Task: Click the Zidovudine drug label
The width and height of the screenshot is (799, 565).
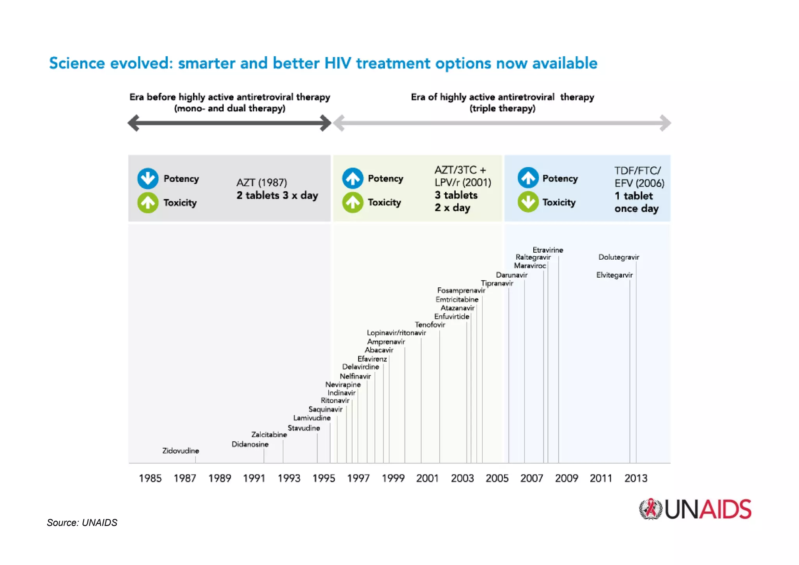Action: pyautogui.click(x=181, y=451)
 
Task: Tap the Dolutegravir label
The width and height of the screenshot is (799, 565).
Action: pyautogui.click(x=619, y=257)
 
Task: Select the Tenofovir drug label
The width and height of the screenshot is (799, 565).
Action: pyautogui.click(x=430, y=324)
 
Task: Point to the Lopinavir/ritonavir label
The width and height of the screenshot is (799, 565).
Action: pyautogui.click(x=396, y=333)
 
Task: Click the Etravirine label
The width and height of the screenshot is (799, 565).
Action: pyautogui.click(x=548, y=250)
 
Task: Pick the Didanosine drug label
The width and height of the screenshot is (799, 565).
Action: pyautogui.click(x=250, y=444)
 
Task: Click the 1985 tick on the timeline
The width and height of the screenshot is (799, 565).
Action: pyautogui.click(x=150, y=478)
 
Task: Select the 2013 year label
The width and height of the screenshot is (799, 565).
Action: pyautogui.click(x=636, y=478)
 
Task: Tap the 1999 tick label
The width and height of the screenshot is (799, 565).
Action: pyautogui.click(x=393, y=478)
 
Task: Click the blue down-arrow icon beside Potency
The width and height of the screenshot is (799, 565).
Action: pyautogui.click(x=148, y=178)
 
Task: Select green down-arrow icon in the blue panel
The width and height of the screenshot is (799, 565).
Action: pyautogui.click(x=528, y=202)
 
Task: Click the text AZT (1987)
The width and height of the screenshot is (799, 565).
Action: pyautogui.click(x=261, y=182)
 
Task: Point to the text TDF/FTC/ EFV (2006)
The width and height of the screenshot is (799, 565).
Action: pyautogui.click(x=639, y=177)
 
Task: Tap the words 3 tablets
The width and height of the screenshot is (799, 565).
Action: pyautogui.click(x=456, y=195)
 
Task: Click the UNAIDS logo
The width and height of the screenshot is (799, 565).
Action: pyautogui.click(x=695, y=509)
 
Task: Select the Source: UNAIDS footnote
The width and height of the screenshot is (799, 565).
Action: pyautogui.click(x=82, y=523)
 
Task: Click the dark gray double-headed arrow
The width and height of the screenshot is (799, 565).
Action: pyautogui.click(x=229, y=123)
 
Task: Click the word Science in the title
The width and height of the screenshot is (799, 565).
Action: pyautogui.click(x=77, y=63)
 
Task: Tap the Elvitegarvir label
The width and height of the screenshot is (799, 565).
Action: pyautogui.click(x=614, y=275)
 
